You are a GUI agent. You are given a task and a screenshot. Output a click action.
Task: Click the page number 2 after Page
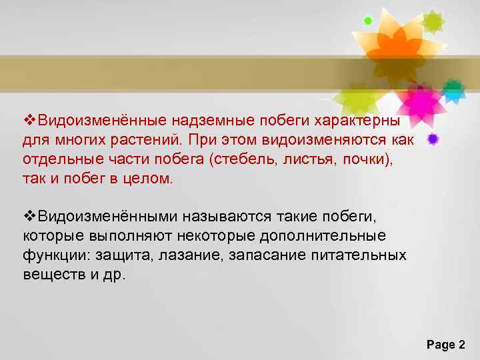point(462,345)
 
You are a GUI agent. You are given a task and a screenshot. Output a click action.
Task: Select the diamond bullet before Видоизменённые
point(28,120)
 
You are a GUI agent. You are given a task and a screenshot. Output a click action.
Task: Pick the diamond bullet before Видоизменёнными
point(28,217)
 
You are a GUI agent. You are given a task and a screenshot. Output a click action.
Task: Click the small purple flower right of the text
point(434,139)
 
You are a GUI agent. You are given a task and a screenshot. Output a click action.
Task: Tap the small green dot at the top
point(368,21)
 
